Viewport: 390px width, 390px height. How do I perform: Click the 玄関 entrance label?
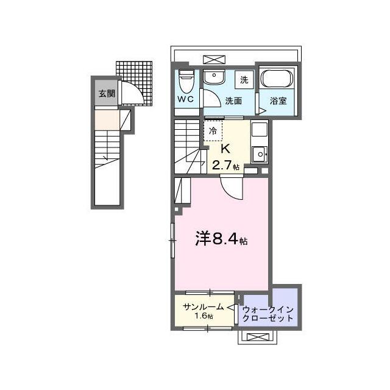click(107, 94)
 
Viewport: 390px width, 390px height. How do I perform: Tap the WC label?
click(185, 99)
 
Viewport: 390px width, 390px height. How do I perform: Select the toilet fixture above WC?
click(186, 81)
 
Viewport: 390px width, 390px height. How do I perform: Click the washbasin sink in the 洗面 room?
click(214, 77)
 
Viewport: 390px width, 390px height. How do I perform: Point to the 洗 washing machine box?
click(244, 80)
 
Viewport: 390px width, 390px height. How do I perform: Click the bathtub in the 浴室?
click(277, 79)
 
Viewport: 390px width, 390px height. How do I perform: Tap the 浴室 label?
click(278, 101)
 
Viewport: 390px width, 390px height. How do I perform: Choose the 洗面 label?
click(233, 101)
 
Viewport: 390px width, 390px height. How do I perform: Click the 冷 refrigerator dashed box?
click(213, 131)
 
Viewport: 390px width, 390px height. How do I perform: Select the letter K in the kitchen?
click(225, 149)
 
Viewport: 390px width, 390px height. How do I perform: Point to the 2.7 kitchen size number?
click(222, 165)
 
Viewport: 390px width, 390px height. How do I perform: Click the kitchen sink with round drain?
click(260, 154)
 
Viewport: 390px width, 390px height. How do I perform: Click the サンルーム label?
click(203, 307)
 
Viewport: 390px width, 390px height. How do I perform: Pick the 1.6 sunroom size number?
click(200, 316)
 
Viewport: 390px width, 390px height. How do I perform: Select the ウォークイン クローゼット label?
click(268, 314)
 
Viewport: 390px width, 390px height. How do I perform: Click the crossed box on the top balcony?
click(214, 60)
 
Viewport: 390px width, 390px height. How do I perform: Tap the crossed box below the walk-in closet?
click(258, 337)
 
